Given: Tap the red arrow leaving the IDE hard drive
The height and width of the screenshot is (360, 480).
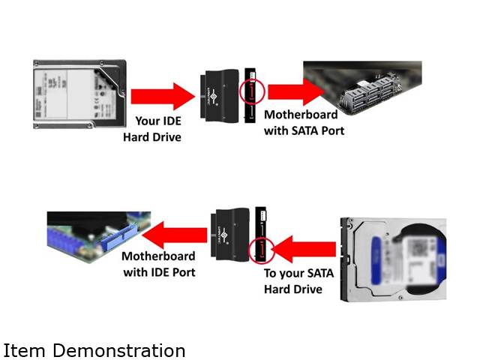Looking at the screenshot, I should click(x=162, y=96).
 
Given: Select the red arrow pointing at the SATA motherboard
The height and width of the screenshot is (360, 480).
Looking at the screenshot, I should click(x=295, y=91).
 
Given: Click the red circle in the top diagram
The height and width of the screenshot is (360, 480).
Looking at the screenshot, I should click(x=252, y=92).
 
